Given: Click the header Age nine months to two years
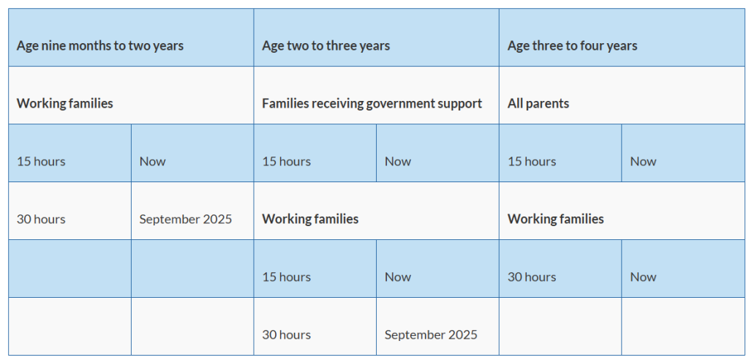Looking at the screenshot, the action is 100,46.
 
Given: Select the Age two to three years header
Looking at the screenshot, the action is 325,46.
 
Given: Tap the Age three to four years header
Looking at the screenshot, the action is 572,46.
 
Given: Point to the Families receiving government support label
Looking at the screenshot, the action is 372,104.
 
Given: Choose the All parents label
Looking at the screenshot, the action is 538,104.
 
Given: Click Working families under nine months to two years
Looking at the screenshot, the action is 65,104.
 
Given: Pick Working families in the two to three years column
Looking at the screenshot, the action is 310,219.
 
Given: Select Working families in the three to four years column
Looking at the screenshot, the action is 556,219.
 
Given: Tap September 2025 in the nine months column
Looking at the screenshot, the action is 186,220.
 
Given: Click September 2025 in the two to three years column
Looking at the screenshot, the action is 431,334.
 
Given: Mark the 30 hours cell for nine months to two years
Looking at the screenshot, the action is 41,220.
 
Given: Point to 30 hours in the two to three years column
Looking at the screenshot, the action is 286,334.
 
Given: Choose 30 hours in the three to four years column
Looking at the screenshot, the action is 532,277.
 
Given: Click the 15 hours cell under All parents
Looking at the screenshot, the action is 532,162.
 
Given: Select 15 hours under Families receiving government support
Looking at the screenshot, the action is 286,162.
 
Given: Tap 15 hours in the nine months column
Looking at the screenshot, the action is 41,162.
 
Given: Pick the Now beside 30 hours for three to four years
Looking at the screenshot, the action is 644,277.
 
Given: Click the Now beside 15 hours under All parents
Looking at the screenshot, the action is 644,162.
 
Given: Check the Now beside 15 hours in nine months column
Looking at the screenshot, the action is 153,162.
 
